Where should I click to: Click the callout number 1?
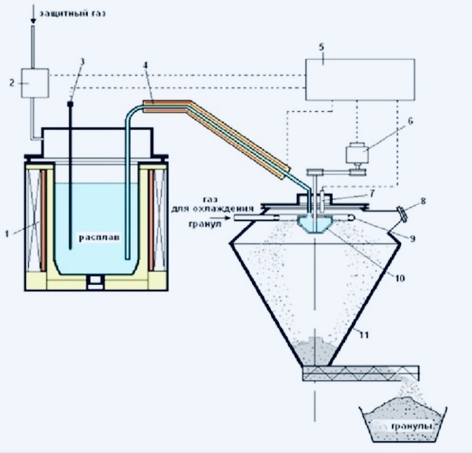pyautogui.click(x=8, y=233)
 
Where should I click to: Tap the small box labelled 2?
pyautogui.click(x=35, y=83)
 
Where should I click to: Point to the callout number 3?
pyautogui.click(x=82, y=62)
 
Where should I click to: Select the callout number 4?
pyautogui.click(x=146, y=65)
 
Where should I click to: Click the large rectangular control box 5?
pyautogui.click(x=360, y=79)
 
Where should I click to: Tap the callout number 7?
pyautogui.click(x=372, y=193)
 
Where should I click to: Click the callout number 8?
pyautogui.click(x=424, y=200)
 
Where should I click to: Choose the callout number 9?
pyautogui.click(x=412, y=238)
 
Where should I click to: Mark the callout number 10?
pyautogui.click(x=400, y=278)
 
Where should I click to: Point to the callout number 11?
pyautogui.click(x=364, y=335)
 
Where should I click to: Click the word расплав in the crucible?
pyautogui.click(x=99, y=238)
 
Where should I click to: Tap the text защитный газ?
pyautogui.click(x=73, y=13)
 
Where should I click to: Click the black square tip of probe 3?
pyautogui.click(x=70, y=104)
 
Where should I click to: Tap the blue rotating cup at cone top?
pyautogui.click(x=313, y=224)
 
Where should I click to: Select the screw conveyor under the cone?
pyautogui.click(x=361, y=373)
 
